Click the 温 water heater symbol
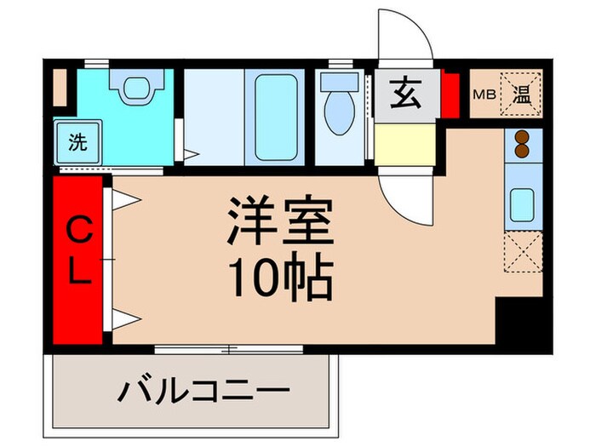pos(519,95)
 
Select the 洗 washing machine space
pos(76,141)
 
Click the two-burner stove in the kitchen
pos(520,144)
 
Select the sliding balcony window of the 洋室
pos(229,348)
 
